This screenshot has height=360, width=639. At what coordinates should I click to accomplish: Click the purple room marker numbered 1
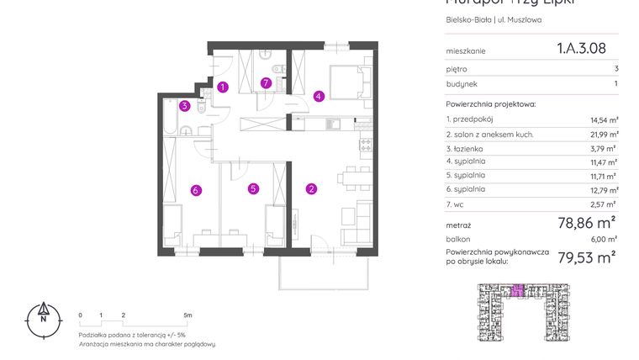(223, 86)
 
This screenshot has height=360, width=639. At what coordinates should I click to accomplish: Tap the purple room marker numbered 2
(311, 189)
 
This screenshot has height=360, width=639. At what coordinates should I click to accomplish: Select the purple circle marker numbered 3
(183, 105)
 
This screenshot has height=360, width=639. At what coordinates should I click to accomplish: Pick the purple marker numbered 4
(319, 96)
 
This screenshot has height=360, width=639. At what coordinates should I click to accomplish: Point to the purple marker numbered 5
(253, 189)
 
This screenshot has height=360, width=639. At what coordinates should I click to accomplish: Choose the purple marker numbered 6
(195, 190)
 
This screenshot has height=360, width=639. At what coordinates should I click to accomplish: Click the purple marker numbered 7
(266, 82)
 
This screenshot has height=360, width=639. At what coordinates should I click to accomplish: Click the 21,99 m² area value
(602, 134)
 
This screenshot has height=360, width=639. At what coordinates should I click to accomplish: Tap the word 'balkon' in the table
(458, 239)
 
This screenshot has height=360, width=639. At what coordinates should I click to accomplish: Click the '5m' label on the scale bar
(187, 315)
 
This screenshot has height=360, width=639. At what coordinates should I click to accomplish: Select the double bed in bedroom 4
(346, 82)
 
